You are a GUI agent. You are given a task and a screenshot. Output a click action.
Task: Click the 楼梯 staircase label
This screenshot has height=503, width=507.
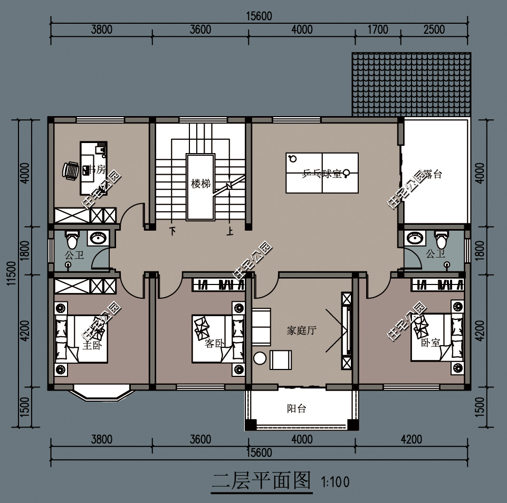(x=201, y=184)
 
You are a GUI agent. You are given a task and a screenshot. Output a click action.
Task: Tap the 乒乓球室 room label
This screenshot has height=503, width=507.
(x=321, y=173)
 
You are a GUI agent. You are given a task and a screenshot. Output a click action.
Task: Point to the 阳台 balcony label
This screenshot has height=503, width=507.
(x=296, y=409)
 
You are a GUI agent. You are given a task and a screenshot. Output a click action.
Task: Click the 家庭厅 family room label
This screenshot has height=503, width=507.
(x=301, y=331)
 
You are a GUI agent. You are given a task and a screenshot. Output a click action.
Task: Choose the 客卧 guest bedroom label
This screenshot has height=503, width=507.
(x=214, y=344)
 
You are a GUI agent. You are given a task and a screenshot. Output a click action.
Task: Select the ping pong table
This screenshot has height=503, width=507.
(x=322, y=173)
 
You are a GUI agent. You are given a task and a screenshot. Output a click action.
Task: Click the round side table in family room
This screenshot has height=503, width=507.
(x=260, y=358)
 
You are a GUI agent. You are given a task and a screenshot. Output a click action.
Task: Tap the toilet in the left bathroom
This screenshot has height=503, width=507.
(x=71, y=239)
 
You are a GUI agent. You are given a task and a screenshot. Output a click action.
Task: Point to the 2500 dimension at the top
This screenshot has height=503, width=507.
(x=434, y=30)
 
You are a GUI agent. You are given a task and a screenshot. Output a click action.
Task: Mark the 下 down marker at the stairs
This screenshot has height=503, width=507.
(x=172, y=230)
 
